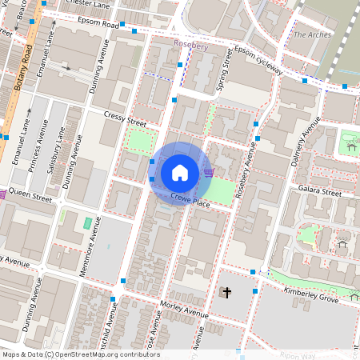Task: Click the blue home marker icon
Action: tap(180, 173)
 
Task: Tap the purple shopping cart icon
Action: tap(209, 172)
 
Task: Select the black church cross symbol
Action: tap(226, 293)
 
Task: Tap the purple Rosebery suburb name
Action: tap(190, 46)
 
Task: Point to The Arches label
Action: tap(312, 35)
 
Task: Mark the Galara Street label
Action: tap(320, 193)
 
